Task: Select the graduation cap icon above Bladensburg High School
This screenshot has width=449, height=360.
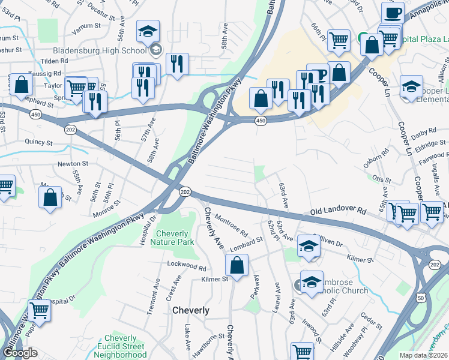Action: [x=148, y=32]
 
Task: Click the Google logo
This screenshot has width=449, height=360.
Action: [x=20, y=353]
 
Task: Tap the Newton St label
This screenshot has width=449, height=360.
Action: [x=73, y=163]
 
